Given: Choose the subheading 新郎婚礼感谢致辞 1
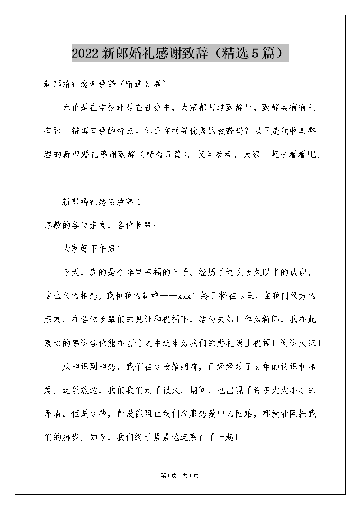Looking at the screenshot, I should (101, 201).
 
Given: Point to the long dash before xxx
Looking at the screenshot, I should (168, 296).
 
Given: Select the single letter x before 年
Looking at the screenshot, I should (257, 367).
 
